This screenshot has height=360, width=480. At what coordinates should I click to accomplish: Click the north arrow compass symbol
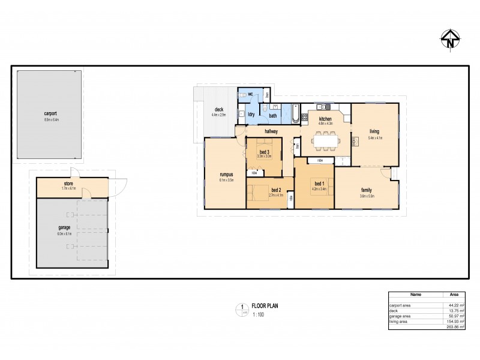pyautogui.click(x=449, y=40)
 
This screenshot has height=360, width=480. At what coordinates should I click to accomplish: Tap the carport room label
pyautogui.click(x=50, y=113)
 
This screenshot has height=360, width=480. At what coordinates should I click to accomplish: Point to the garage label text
pyautogui.click(x=65, y=228)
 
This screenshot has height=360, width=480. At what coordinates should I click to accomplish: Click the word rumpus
pyautogui.click(x=226, y=175)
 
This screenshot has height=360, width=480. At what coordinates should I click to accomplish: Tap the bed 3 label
pyautogui.click(x=265, y=152)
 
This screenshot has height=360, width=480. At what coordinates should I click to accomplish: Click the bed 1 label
pyautogui.click(x=319, y=183)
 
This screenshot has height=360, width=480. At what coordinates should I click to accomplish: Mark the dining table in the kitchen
pyautogui.click(x=327, y=140)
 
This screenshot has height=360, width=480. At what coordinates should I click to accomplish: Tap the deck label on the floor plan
pyautogui.click(x=219, y=109)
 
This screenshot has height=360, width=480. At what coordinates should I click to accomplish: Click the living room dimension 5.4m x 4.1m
pyautogui.click(x=375, y=137)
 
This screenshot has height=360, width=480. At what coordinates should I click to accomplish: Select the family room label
pyautogui.click(x=367, y=190)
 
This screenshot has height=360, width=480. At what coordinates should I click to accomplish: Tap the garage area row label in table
pyautogui.click(x=400, y=316)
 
